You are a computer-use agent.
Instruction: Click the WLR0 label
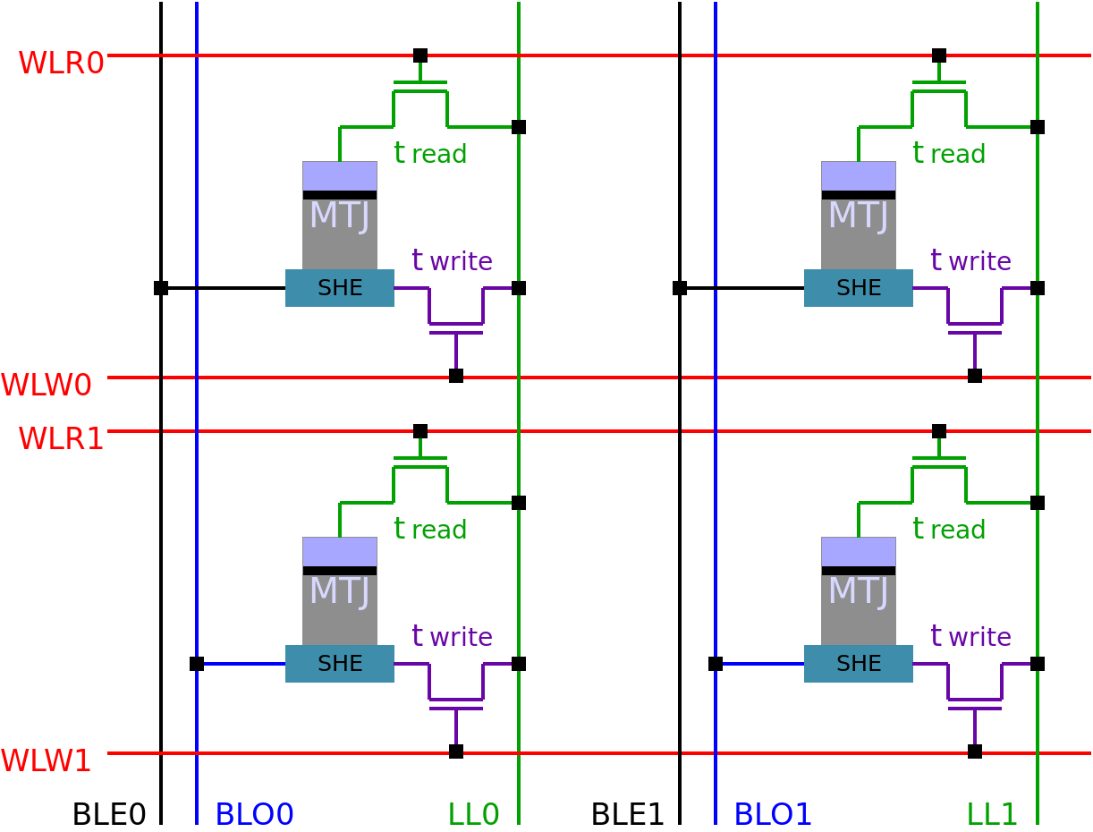coord(61,63)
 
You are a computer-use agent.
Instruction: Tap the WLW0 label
coord(47,385)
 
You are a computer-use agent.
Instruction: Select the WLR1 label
coord(61,438)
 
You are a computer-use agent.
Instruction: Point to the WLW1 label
coord(46,760)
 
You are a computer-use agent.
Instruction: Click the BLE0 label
coord(109,815)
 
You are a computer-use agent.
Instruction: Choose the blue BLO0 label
coord(254,815)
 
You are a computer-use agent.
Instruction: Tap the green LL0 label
coord(473,815)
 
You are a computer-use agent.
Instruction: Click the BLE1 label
coord(627,815)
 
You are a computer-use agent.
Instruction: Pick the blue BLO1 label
coord(773,815)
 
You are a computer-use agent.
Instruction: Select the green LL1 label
coord(992,815)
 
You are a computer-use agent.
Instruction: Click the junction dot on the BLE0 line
coord(161,288)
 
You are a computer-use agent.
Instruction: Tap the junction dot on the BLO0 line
coord(197,664)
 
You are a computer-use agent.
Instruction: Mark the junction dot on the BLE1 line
coord(680,288)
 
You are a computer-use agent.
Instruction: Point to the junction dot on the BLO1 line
coord(716,664)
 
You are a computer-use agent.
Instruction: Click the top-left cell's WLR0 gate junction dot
coord(420,55)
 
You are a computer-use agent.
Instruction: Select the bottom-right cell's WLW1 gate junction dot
coord(975,751)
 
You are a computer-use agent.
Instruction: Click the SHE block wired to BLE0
coord(340,288)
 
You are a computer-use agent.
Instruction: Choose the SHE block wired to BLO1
coord(859,664)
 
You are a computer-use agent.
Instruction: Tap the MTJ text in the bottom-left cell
coord(340,591)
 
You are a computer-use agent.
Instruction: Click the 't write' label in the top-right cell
coord(971,260)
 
